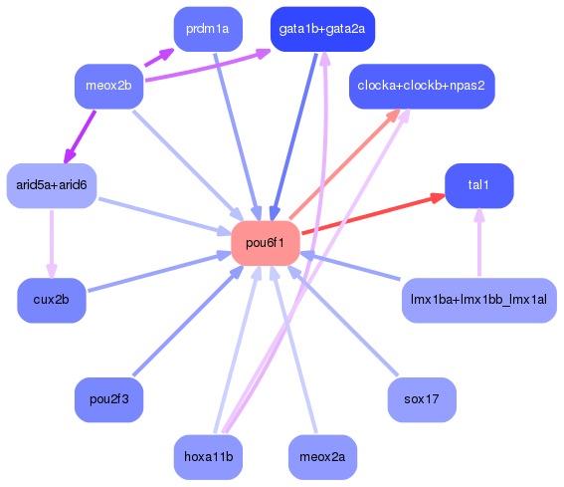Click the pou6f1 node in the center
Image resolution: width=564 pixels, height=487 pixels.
(x=266, y=243)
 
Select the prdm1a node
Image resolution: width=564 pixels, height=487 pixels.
(x=207, y=29)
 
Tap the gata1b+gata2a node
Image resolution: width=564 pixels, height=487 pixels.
(x=322, y=29)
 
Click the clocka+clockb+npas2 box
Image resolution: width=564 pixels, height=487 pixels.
(x=422, y=87)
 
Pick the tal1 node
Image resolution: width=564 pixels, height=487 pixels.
(x=478, y=186)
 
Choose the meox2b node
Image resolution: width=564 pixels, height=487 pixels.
(x=109, y=87)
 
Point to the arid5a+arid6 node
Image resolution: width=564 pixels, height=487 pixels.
(x=52, y=185)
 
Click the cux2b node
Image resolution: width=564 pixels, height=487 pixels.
(x=52, y=301)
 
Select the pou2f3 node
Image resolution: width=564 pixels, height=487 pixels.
(x=109, y=399)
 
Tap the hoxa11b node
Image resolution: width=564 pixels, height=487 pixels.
(x=207, y=457)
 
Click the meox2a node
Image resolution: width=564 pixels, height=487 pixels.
(x=322, y=457)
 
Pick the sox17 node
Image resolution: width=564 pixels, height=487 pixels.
(x=422, y=399)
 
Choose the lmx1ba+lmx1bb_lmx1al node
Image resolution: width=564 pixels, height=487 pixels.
(x=478, y=301)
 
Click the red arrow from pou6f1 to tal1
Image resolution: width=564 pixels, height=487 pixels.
(x=373, y=214)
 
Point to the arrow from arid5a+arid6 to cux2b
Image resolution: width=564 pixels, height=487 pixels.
(x=52, y=243)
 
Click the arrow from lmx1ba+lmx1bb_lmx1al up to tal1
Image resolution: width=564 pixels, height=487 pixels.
(x=478, y=244)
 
